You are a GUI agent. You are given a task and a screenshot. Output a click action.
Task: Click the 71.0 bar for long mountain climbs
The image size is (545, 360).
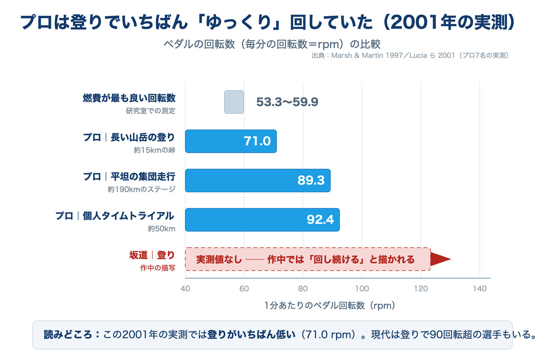pos(231,141)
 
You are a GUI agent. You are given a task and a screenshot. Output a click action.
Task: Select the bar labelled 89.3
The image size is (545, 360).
pos(258,180)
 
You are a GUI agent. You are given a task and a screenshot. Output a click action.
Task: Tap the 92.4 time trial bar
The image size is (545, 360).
pos(262,220)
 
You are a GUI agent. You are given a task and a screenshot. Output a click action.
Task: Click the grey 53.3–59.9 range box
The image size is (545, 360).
pos(234,102)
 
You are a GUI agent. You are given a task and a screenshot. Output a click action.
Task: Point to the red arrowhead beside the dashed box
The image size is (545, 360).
pos(440,259)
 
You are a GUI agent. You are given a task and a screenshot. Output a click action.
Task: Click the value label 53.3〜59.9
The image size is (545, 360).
pos(287,102)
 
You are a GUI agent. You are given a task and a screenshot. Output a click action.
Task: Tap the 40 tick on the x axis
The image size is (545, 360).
pos(185,289)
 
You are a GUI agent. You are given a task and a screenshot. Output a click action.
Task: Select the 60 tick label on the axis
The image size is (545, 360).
pos(244,289)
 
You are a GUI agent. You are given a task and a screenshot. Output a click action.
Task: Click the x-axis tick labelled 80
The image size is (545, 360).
pos(303,289)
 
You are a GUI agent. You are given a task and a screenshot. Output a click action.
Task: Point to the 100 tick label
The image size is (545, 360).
pos(362,289)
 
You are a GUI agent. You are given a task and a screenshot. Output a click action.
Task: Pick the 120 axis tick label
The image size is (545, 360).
pos(421,289)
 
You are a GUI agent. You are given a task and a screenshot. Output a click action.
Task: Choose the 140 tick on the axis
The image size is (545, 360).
pos(480,289)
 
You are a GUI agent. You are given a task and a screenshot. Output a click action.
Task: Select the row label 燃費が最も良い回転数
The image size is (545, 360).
pos(129,98)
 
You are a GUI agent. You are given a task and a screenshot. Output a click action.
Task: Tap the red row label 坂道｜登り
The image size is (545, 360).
pos(152,255)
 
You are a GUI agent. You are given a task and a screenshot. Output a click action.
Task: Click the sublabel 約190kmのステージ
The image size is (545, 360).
pos(142,189)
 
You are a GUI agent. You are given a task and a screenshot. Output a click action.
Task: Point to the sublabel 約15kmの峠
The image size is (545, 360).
pos(155,150)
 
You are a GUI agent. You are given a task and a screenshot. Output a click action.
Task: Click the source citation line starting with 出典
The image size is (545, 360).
pos(410,56)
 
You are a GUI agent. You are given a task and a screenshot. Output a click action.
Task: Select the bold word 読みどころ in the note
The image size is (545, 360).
pos(68,335)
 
